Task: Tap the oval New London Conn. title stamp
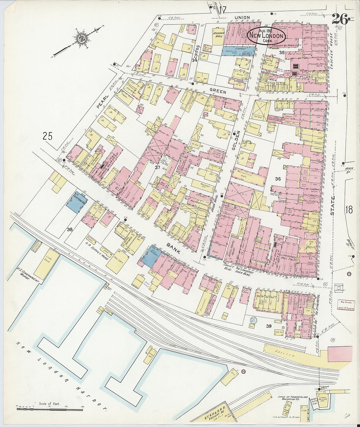tap(267, 36)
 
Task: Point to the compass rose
tap(80, 39)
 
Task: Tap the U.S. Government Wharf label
tap(28, 275)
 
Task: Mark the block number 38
tap(70, 229)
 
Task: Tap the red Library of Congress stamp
tap(346, 306)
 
